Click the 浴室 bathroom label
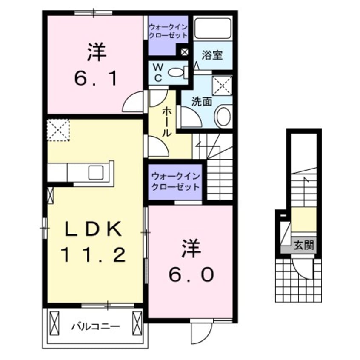click(x=211, y=56)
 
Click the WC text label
click(x=157, y=73)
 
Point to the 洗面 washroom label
click(x=201, y=102)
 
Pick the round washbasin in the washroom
click(x=223, y=117)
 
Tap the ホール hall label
click(x=166, y=121)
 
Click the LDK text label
click(x=94, y=230)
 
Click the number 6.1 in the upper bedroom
click(x=96, y=79)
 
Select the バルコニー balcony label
click(x=95, y=327)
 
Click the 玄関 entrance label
click(x=304, y=245)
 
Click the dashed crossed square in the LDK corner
click(x=58, y=129)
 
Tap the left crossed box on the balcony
click(x=55, y=323)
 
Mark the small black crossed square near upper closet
click(x=184, y=52)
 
